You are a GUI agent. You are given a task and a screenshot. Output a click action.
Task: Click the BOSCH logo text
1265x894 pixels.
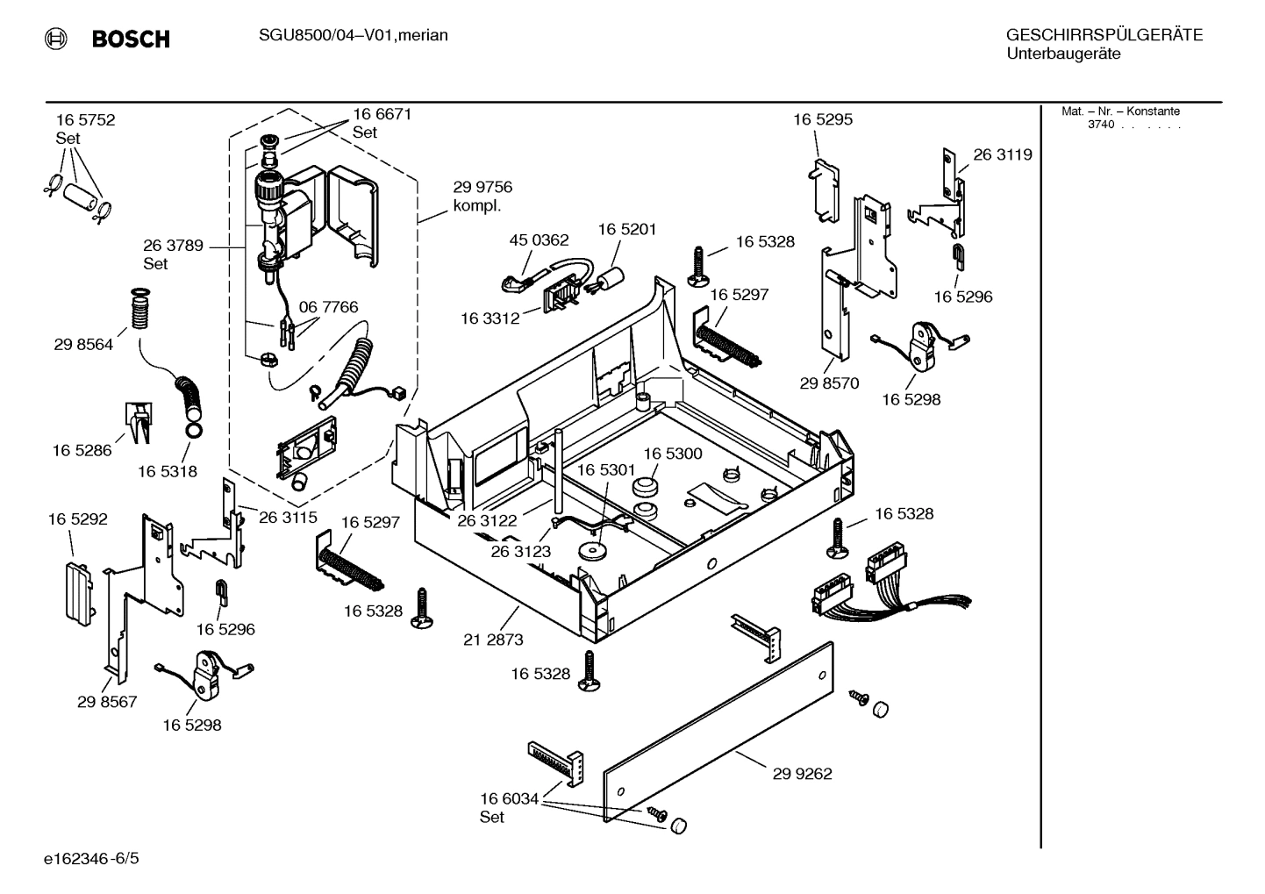tap(131, 39)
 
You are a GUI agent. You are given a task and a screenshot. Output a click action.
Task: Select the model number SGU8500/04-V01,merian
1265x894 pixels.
tap(353, 35)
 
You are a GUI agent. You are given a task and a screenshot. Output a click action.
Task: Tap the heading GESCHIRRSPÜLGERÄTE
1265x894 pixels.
tap(1104, 35)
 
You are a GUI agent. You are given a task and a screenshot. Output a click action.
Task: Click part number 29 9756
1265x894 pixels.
tap(482, 187)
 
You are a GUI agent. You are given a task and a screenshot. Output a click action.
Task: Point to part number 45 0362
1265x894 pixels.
tap(539, 240)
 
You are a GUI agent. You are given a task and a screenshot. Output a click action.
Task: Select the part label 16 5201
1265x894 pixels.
tap(627, 229)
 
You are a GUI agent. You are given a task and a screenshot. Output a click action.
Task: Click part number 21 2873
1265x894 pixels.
tap(493, 640)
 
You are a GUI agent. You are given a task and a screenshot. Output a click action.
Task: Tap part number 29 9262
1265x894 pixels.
tap(802, 774)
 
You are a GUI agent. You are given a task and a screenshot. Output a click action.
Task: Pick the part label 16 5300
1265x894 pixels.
tap(673, 454)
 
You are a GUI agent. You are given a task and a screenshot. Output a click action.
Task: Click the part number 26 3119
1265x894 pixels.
tap(1003, 154)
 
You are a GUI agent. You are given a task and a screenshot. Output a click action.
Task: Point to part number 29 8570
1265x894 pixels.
tap(829, 383)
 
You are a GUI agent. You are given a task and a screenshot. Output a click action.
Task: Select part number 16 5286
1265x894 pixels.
tap(82, 450)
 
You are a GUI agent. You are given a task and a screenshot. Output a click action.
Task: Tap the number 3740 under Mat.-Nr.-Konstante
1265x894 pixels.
tap(1101, 125)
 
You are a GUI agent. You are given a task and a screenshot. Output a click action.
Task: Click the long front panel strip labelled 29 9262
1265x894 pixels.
tap(719, 733)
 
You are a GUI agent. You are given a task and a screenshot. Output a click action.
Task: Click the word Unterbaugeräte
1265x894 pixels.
tap(1063, 54)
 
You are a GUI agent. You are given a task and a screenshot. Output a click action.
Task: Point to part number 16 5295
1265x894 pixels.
tap(823, 119)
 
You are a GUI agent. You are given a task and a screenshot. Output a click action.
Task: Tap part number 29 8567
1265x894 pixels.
tap(107, 702)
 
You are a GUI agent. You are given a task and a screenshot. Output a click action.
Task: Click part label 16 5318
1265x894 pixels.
tap(167, 471)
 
